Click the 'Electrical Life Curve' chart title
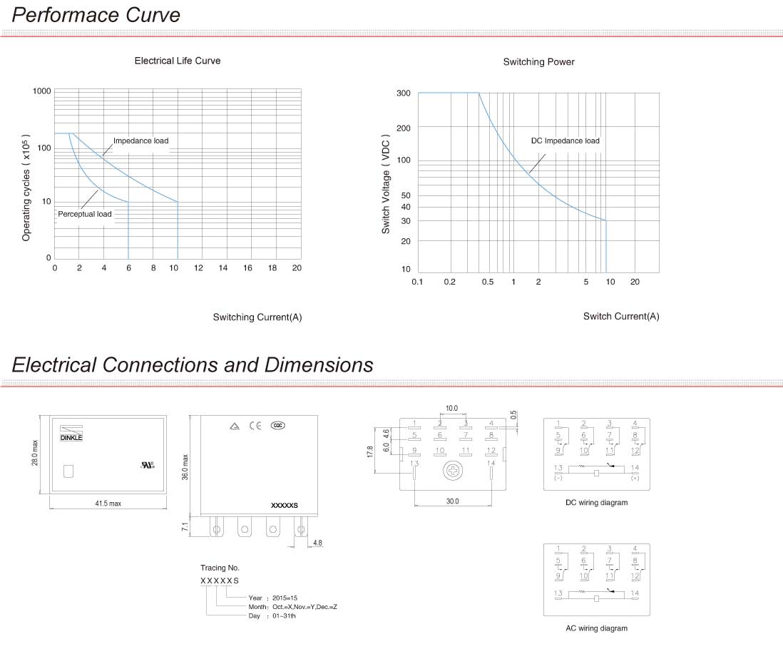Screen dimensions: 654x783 tap(178, 61)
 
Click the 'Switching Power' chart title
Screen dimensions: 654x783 tap(538, 62)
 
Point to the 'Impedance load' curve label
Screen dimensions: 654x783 tap(141, 140)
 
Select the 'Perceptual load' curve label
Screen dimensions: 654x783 tap(85, 214)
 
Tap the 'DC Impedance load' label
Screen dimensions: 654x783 tap(565, 140)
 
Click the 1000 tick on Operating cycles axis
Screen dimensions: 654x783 tap(42, 91)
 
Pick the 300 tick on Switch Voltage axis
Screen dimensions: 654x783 tap(403, 93)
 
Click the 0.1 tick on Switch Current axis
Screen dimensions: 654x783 tap(418, 282)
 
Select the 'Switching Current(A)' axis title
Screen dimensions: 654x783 tap(257, 317)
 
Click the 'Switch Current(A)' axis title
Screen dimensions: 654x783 tap(621, 316)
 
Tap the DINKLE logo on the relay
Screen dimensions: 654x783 tap(71, 436)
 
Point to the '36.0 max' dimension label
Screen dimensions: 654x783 tap(185, 468)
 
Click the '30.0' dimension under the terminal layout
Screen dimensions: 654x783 tap(452, 501)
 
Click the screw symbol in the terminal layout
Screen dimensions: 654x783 tap(451, 471)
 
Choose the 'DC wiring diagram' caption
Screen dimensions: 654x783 tap(596, 503)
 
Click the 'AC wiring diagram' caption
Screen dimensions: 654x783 tap(596, 628)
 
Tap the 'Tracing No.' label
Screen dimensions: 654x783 tap(220, 568)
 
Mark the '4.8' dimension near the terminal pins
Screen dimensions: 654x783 tap(317, 543)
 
